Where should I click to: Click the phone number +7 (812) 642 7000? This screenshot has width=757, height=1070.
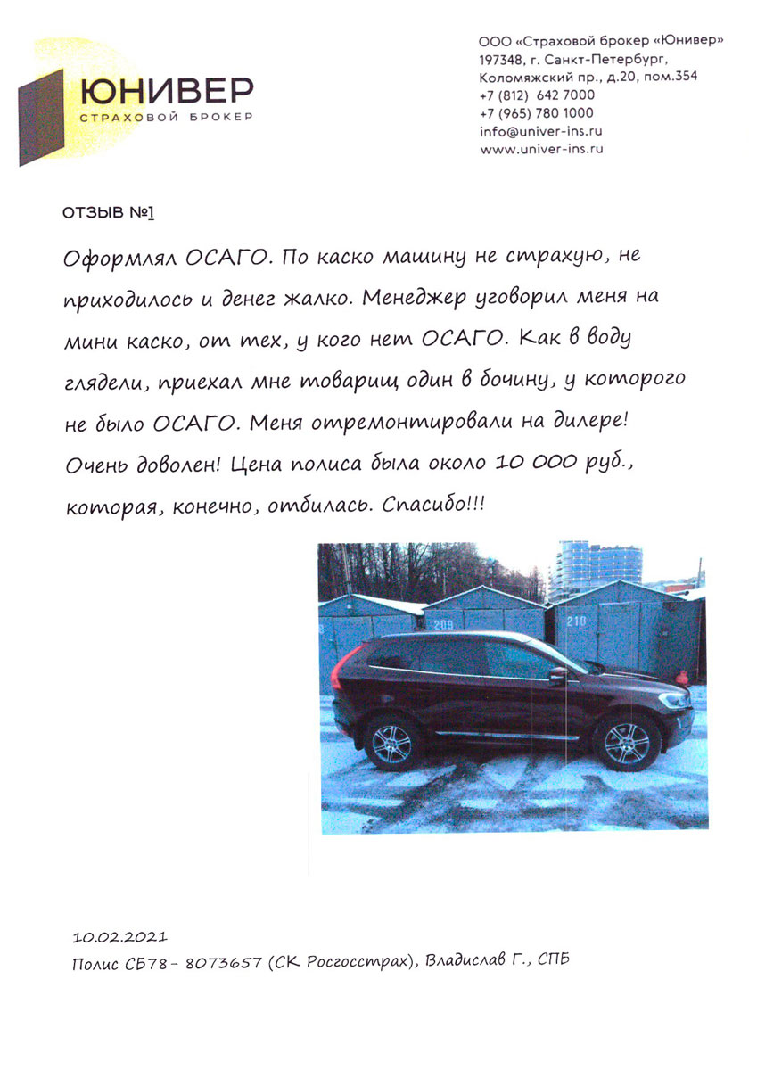537,95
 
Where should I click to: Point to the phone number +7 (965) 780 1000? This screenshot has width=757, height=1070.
537,113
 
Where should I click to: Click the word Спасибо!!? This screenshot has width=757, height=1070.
433,505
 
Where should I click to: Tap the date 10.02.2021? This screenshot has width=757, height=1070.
119,938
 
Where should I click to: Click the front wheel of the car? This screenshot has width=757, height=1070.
627,743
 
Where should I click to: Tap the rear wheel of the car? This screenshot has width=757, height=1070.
392,742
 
